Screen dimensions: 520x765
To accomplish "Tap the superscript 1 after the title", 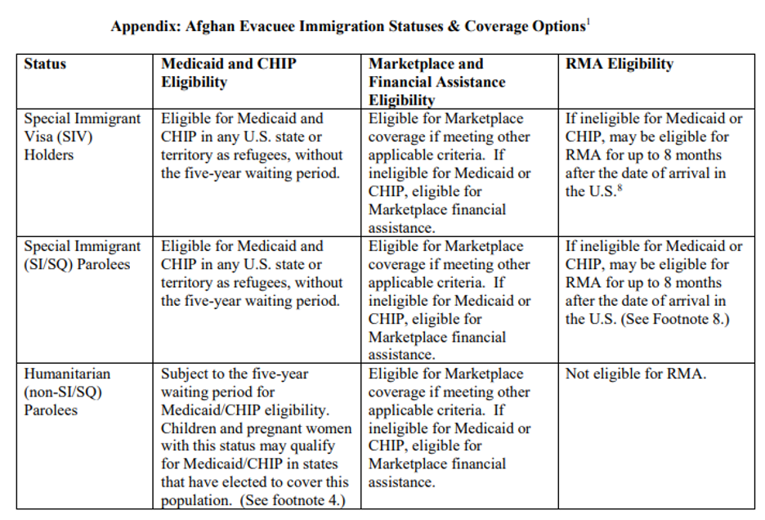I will point(588,22).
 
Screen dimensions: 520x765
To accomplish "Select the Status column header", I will point(46,64).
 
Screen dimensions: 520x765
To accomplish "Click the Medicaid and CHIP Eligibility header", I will point(228,73).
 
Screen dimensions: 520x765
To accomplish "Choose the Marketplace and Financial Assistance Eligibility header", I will point(437,82).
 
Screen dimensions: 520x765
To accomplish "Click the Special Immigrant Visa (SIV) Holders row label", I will point(82,137).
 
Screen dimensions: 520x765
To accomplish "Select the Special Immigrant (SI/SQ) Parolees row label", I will point(82,255).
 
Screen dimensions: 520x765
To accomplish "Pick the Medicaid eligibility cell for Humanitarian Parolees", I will point(256,437).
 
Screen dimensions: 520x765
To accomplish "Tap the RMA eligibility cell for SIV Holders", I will point(653,155).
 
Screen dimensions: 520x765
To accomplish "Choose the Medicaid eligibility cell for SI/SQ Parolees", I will point(252,273).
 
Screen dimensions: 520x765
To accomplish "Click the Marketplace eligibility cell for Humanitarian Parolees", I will point(449,428).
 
